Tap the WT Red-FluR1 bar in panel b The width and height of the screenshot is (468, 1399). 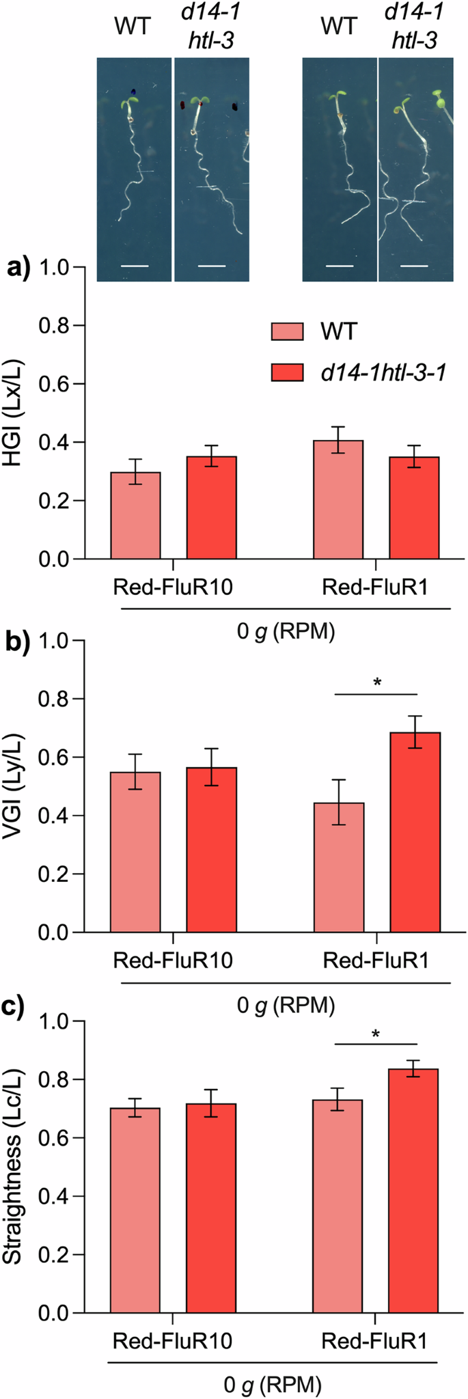(x=339, y=867)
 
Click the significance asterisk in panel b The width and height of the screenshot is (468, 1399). (x=376, y=682)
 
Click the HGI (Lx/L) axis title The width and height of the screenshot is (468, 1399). (x=15, y=413)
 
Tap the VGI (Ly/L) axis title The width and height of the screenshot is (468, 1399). (x=15, y=786)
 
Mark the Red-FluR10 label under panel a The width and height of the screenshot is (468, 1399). (x=173, y=587)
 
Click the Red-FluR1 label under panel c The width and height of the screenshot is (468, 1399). (x=374, y=1341)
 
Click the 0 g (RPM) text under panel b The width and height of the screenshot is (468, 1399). (x=286, y=1005)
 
